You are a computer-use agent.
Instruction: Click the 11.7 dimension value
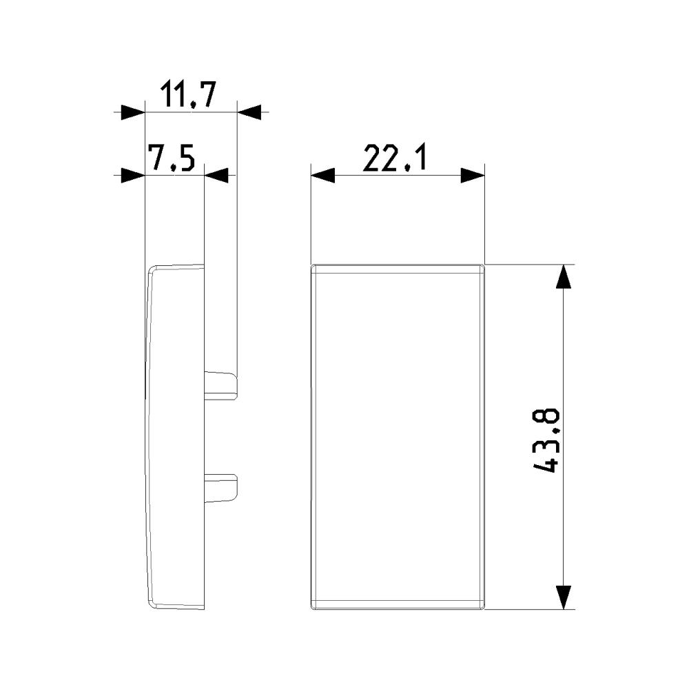tap(188, 94)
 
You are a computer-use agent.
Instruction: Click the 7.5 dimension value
tap(171, 158)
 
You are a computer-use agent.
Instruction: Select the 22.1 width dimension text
tap(395, 158)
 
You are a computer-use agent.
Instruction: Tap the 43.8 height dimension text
tap(546, 441)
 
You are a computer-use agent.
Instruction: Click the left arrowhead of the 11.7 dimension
tap(133, 112)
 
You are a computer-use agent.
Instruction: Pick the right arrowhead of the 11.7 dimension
tap(249, 112)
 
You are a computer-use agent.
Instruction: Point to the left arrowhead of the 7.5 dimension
tap(133, 175)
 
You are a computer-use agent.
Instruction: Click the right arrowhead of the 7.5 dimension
tap(216, 175)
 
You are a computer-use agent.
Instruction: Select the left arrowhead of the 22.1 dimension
tap(323, 175)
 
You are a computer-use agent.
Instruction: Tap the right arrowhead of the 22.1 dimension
tap(473, 175)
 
